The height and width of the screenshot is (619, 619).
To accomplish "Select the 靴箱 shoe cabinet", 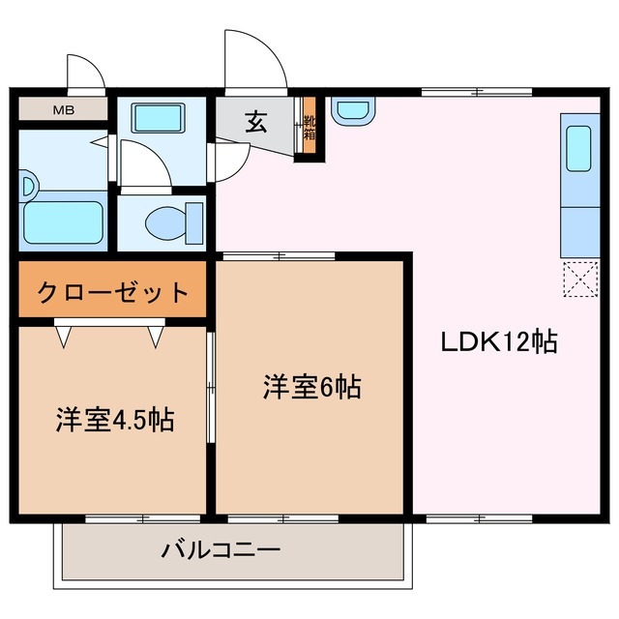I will point(310,128).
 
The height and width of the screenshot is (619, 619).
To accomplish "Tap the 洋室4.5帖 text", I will point(113,421).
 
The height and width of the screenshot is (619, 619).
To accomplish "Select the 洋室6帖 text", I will point(311,387).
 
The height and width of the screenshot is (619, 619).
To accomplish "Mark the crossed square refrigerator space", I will point(577,281).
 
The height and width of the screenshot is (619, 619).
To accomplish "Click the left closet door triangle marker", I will point(64,335).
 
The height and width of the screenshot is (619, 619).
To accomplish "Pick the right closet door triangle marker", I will point(158,335).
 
